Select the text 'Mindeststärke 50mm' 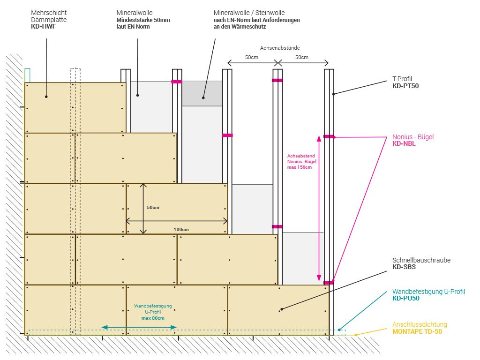point(143,20)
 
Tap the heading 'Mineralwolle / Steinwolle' point(249,13)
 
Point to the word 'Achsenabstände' point(280,48)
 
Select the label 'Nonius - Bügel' point(413,137)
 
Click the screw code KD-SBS point(404,267)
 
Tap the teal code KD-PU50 point(406,298)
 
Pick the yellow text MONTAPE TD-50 point(417,331)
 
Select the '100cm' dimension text point(181,229)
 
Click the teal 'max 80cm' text point(153,318)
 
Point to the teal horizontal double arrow point(139,327)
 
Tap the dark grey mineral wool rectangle point(202,93)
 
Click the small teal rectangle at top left point(27,75)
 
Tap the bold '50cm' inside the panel point(153,207)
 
